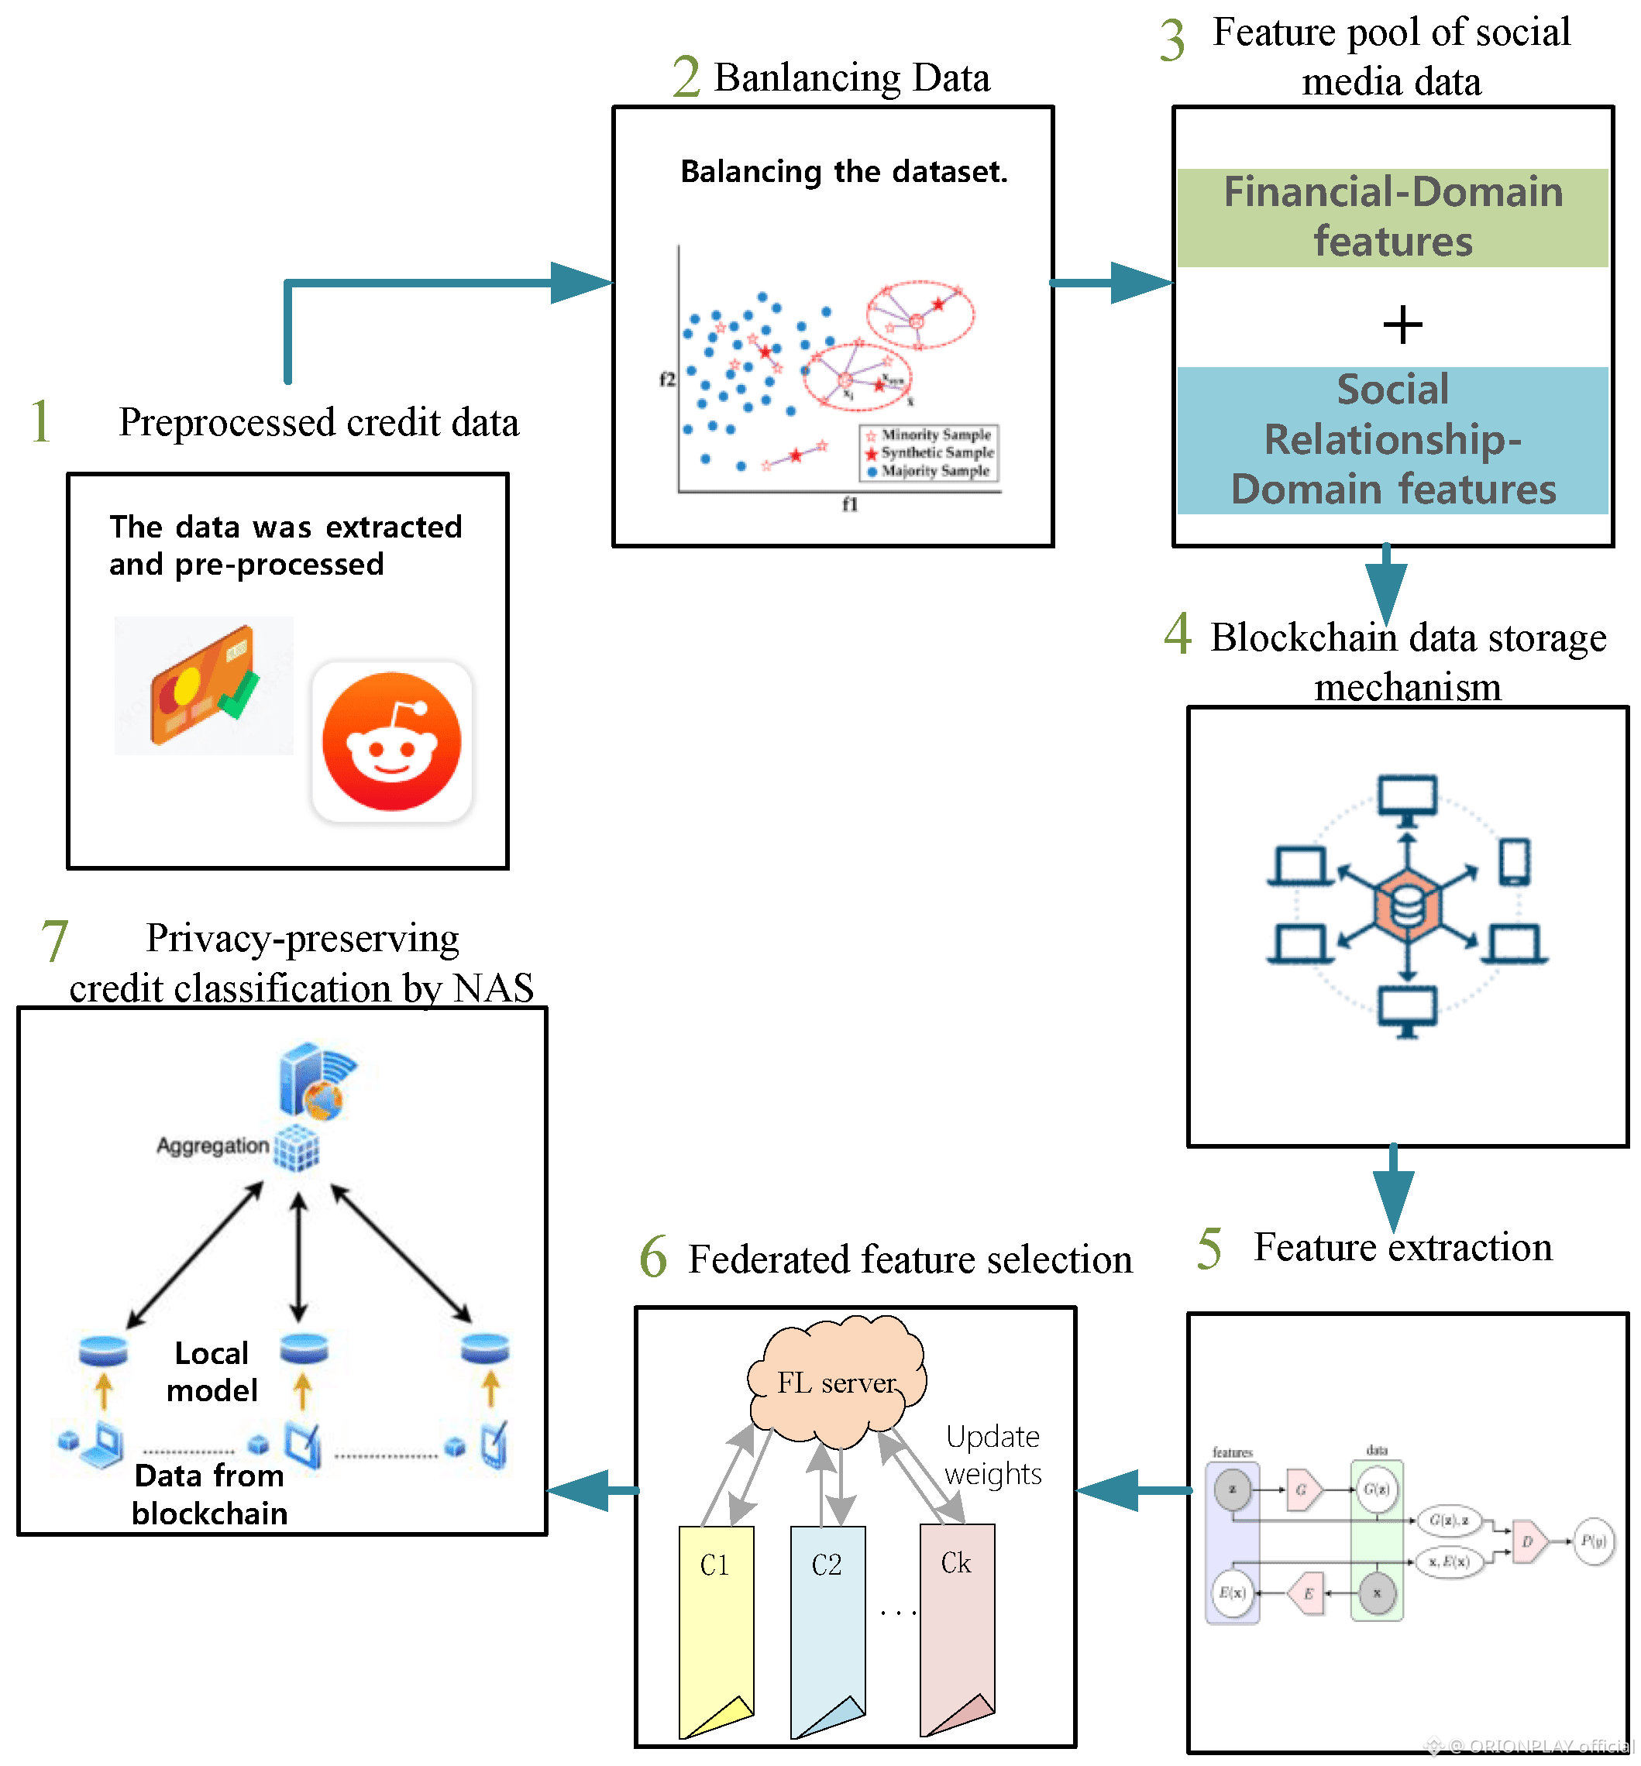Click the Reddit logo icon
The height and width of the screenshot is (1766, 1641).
(391, 740)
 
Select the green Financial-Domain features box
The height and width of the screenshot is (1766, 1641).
(1392, 218)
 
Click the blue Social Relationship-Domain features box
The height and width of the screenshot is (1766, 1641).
(1392, 439)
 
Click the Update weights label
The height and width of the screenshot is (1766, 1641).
(993, 1455)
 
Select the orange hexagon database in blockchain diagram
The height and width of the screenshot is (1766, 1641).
(1406, 905)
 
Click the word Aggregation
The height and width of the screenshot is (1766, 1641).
(212, 1146)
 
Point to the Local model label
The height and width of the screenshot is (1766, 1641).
(212, 1371)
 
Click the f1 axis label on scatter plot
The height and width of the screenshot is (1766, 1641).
(850, 504)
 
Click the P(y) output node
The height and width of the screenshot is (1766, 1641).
(1593, 1541)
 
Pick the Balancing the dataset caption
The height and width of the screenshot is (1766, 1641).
(844, 171)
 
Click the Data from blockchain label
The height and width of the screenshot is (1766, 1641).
(209, 1493)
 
